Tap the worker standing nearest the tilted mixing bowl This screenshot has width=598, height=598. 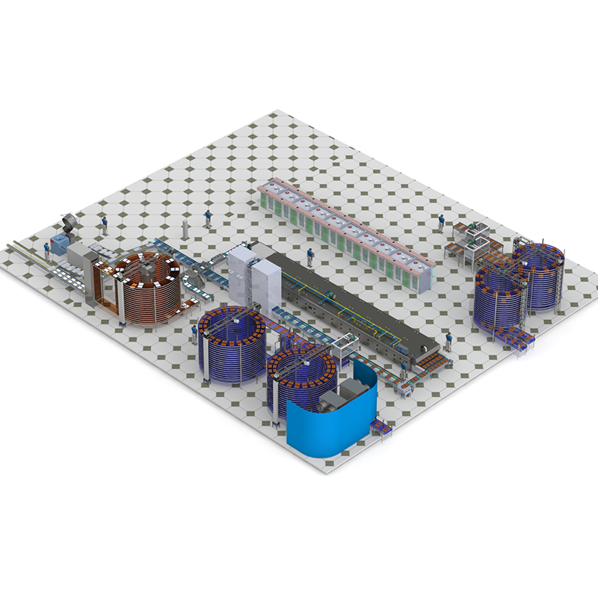(104, 224)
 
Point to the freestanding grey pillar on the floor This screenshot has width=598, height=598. (185, 228)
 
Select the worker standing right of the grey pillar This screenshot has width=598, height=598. (208, 218)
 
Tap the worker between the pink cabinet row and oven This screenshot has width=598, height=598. (310, 258)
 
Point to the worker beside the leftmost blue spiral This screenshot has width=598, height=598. (194, 333)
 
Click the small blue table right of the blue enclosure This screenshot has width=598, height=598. (380, 428)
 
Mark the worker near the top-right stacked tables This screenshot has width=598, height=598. (441, 223)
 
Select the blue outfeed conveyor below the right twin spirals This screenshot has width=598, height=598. (516, 340)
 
